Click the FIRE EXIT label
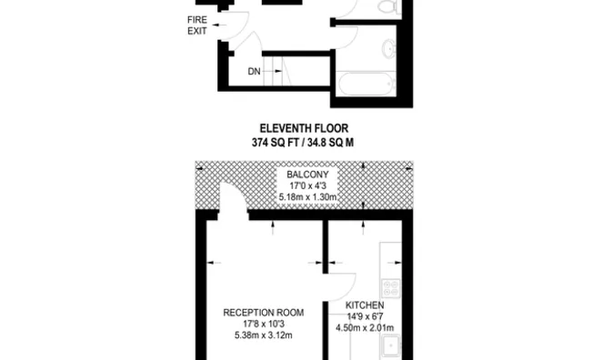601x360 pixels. tap(197, 25)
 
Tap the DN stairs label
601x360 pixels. tap(254, 71)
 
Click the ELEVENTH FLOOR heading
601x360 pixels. tap(304, 128)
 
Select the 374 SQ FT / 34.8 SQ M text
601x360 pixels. tap(303, 143)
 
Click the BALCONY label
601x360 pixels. tap(307, 175)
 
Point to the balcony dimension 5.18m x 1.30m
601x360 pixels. tap(307, 197)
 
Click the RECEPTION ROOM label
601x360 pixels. tap(264, 313)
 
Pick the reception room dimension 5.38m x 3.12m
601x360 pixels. tap(264, 335)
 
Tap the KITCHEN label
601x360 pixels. tap(365, 305)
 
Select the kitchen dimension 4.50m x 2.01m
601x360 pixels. tap(365, 328)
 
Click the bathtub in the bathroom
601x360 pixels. tap(366, 84)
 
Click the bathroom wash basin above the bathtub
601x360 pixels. tap(388, 48)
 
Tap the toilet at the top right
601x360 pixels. tap(388, 6)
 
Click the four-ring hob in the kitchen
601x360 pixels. tap(391, 288)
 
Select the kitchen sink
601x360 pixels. tap(391, 345)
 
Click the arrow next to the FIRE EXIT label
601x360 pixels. tap(219, 25)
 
